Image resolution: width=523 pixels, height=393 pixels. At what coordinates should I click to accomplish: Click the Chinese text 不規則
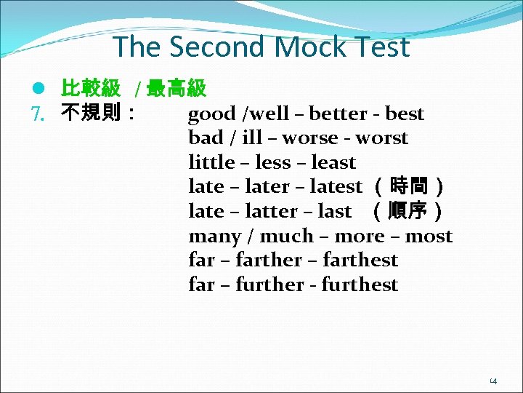91,114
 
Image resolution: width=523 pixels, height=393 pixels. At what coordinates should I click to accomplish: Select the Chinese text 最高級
177,90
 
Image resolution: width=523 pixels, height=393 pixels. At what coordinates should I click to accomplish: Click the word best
405,114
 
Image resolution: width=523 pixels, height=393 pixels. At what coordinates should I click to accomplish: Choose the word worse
310,138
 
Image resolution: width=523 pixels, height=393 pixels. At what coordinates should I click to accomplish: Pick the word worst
382,138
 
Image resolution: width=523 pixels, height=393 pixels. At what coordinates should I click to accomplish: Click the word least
333,163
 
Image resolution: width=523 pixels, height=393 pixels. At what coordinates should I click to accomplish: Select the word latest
336,187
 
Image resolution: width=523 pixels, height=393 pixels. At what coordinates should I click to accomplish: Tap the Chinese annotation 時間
408,187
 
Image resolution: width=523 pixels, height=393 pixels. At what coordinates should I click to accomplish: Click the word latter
270,212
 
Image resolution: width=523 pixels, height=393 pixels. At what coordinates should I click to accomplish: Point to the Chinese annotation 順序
407,212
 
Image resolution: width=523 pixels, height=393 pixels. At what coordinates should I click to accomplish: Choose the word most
429,237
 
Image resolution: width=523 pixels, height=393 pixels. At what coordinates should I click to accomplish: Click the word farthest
360,261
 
